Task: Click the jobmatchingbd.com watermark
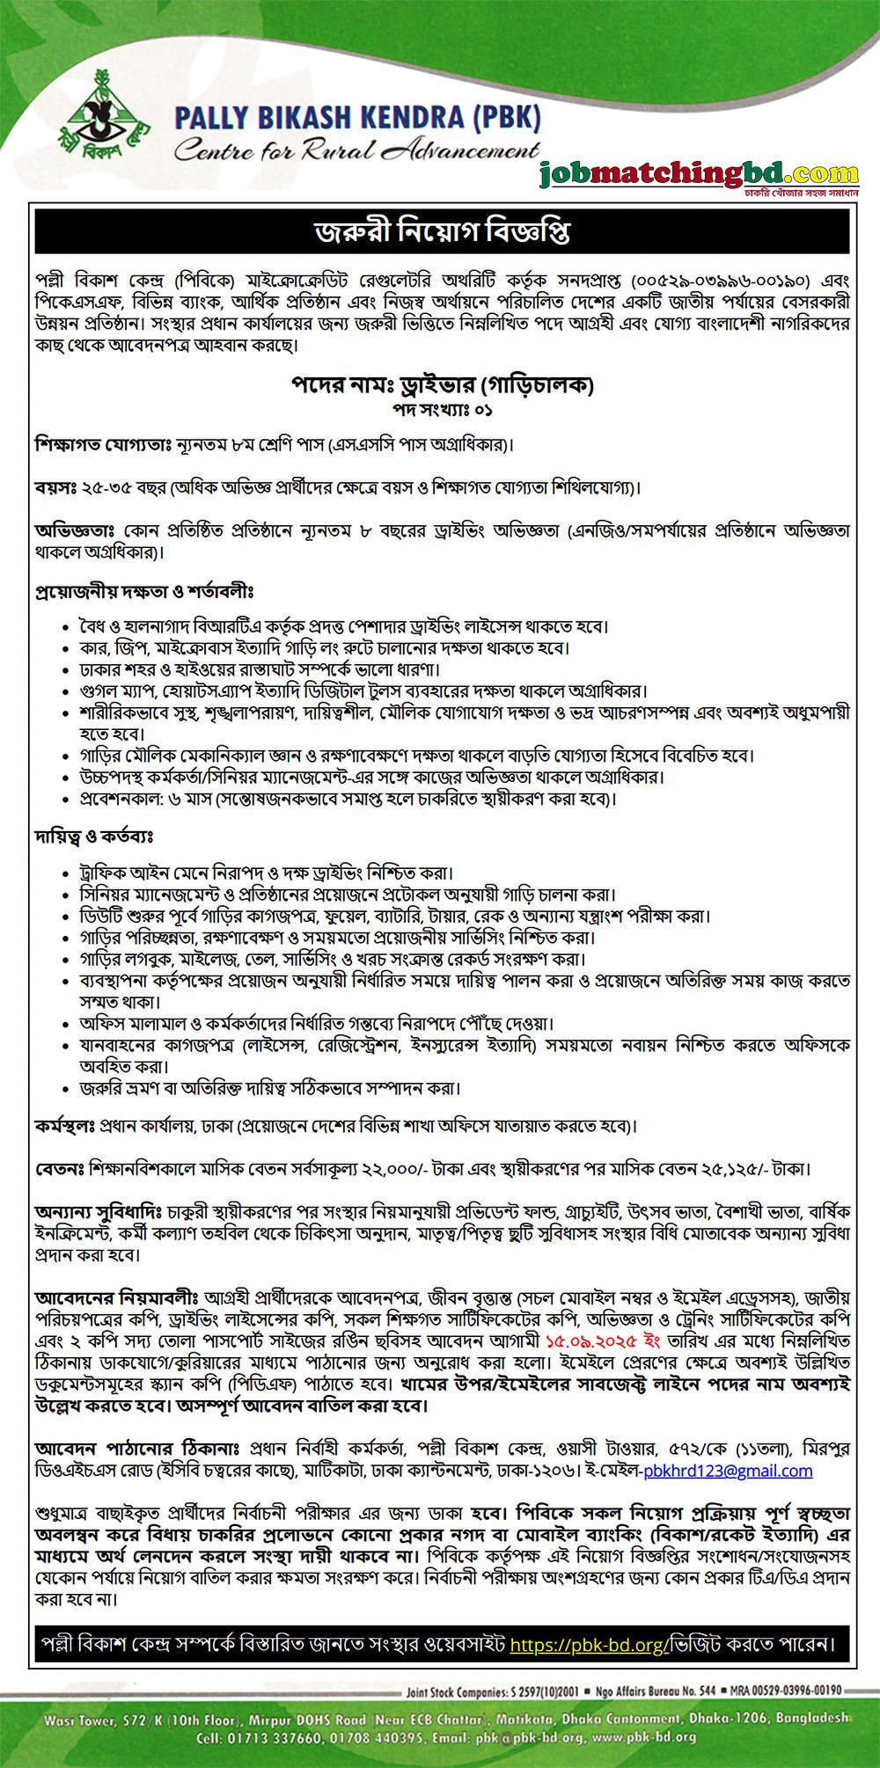(x=699, y=174)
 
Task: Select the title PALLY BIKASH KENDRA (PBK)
(x=357, y=117)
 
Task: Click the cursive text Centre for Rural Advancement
(x=356, y=150)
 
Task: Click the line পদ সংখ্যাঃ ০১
(x=442, y=410)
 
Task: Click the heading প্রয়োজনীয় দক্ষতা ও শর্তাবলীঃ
(x=145, y=591)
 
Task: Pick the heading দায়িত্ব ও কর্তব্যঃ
(x=95, y=837)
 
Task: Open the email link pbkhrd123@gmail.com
(x=728, y=1471)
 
